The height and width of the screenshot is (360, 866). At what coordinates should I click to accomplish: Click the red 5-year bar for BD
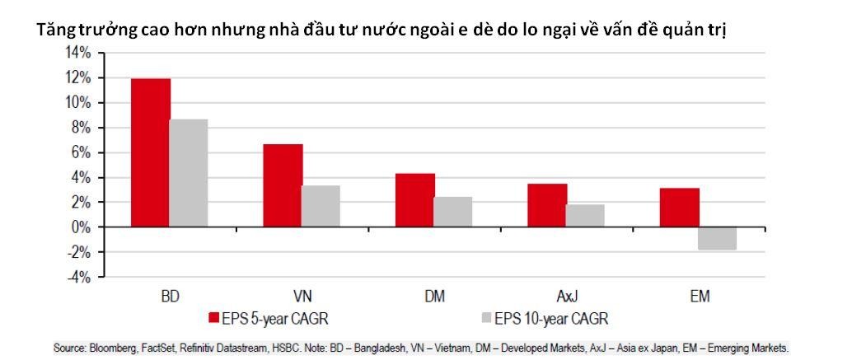coord(151,152)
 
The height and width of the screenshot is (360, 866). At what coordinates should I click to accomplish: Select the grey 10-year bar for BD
coord(189,173)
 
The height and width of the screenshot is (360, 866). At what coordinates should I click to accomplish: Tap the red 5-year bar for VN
coord(283,185)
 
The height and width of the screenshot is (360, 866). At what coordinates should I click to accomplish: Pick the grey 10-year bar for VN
coord(321,206)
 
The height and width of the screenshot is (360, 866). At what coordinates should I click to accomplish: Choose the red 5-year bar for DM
coord(415,200)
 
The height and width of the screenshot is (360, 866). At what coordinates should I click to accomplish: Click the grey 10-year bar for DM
coord(453,212)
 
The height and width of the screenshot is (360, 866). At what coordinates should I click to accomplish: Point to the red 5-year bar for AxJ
coord(547,205)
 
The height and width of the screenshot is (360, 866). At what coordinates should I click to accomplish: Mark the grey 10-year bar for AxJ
coord(585,216)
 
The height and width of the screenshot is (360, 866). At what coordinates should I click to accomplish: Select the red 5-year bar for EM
coord(680,208)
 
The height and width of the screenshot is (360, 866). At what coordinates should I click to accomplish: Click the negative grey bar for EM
coord(718,238)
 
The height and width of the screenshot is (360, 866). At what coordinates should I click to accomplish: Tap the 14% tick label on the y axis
coord(77,53)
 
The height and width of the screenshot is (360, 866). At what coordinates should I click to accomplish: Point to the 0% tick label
coord(81,227)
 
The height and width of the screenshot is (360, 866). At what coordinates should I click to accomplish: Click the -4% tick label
coord(78,277)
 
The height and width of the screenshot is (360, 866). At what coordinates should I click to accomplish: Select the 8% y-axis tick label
coord(81,128)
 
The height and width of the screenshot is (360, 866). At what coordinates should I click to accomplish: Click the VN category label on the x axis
coord(302,296)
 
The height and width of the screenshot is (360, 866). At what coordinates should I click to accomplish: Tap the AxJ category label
coord(566,296)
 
